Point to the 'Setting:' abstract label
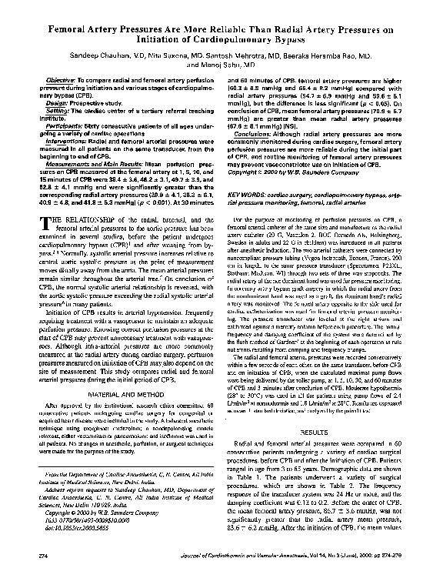coord(58,112)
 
